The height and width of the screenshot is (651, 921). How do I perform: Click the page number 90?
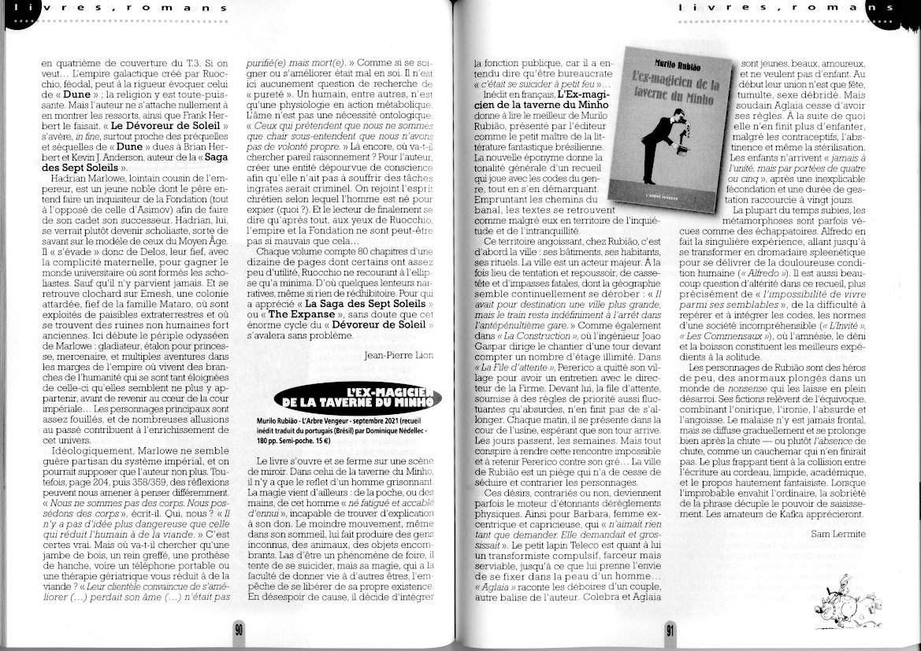tap(238, 628)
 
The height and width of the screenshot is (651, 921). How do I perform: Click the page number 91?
tap(670, 629)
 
